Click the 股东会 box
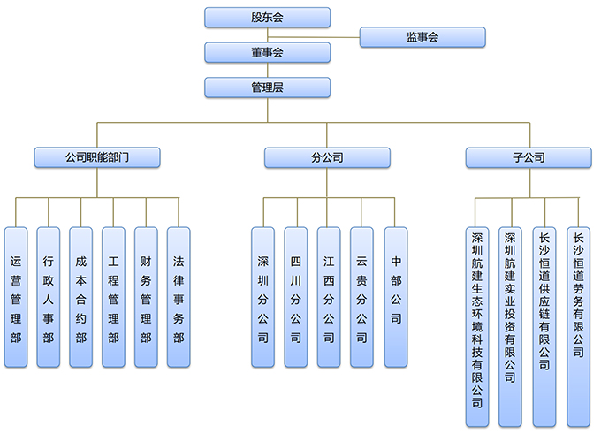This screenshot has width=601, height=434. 267,18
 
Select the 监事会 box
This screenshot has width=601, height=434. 422,37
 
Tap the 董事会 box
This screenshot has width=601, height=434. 267,53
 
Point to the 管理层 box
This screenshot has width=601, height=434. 267,88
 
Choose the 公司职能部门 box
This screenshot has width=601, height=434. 97,158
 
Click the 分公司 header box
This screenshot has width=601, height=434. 327,158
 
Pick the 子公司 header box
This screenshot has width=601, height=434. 529,158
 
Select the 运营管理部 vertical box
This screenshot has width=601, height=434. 16,297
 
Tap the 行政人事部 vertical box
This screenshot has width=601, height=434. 49,297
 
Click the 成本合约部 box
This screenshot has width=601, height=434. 81,297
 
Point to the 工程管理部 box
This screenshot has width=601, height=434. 113,297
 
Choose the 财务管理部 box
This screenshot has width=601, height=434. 146,297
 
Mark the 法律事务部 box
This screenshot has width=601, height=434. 179,297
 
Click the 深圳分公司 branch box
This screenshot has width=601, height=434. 263,297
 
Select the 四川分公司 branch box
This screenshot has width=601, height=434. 296,297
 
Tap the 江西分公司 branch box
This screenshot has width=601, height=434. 329,297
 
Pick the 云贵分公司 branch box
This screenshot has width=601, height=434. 361,297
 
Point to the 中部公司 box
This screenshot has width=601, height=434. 396,297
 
